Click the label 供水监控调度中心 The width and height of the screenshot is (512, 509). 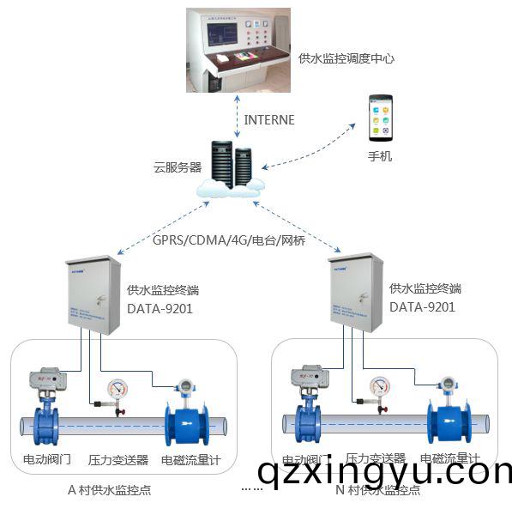[x=346, y=59]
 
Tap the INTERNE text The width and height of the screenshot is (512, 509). [x=269, y=120]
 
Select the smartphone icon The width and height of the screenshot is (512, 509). [x=380, y=118]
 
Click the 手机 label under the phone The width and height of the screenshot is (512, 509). [x=380, y=157]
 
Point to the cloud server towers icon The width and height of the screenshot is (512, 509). [x=232, y=163]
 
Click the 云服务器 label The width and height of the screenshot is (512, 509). [x=177, y=167]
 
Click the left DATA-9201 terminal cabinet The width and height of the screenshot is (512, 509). [x=92, y=295]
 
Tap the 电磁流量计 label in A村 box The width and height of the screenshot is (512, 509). [x=190, y=460]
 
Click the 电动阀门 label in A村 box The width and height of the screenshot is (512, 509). [x=46, y=460]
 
